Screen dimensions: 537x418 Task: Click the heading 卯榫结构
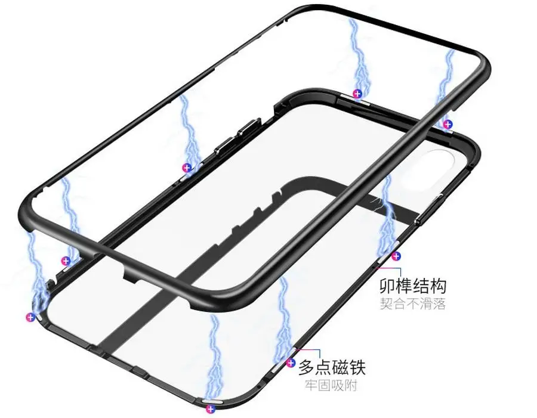(413, 285)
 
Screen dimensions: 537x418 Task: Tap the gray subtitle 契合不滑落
(413, 304)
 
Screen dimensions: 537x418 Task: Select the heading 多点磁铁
(332, 367)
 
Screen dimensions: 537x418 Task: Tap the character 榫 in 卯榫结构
(405, 285)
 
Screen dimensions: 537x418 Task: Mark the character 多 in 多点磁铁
(307, 367)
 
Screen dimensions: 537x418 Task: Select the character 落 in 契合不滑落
(439, 304)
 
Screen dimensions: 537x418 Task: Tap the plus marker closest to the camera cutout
(447, 124)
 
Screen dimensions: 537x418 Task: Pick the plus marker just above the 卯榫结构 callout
(396, 256)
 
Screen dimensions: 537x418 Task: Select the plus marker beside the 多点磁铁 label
(291, 363)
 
